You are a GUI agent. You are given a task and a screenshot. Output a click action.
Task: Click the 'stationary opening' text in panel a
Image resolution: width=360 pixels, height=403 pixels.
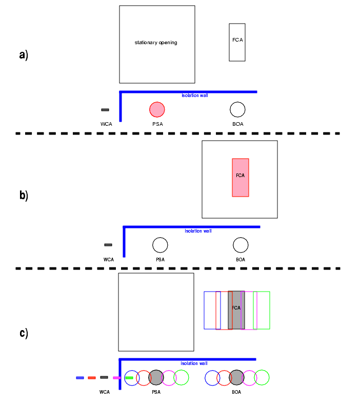pos(156,43)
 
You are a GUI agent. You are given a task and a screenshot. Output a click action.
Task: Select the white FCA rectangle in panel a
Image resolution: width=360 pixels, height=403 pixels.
pos(237,42)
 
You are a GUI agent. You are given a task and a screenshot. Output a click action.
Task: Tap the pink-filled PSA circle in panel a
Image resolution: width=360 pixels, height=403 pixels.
pos(157,109)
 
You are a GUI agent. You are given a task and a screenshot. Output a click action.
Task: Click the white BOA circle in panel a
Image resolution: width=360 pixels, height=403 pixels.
pos(237,109)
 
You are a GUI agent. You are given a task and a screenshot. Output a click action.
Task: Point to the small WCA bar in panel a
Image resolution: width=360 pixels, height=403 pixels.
pos(105,110)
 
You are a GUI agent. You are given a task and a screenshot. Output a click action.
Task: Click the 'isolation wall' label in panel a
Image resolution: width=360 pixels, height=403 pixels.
pos(195,95)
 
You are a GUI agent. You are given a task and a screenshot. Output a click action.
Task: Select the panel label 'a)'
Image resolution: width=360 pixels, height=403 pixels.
pos(24,55)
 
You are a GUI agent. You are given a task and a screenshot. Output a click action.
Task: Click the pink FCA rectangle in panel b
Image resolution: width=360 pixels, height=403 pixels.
pos(241,177)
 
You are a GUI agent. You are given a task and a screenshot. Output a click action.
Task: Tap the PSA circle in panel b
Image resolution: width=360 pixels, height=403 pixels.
pos(160,245)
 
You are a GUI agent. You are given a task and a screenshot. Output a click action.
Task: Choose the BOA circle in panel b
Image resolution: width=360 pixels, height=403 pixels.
pos(241,245)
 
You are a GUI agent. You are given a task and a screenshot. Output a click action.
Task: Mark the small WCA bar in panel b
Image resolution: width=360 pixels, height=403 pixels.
pos(108,245)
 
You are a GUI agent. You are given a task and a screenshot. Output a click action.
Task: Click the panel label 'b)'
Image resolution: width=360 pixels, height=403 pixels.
pos(24,196)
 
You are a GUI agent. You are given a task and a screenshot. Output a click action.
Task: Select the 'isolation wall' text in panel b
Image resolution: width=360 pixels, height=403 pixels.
pos(198,231)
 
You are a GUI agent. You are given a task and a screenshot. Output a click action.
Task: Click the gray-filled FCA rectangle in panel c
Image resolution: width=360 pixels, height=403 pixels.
pos(236,310)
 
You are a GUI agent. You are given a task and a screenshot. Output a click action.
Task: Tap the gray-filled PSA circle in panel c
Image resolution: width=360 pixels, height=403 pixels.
pos(156,377)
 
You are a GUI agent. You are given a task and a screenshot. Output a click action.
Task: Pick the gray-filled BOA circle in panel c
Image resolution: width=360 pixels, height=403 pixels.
pos(236,377)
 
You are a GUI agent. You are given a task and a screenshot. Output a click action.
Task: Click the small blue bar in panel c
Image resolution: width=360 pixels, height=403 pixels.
pos(80,378)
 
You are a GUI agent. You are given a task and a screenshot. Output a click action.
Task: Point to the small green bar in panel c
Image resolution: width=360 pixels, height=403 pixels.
pos(129,378)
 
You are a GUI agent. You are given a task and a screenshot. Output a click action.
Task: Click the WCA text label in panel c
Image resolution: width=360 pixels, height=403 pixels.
pos(105,392)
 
